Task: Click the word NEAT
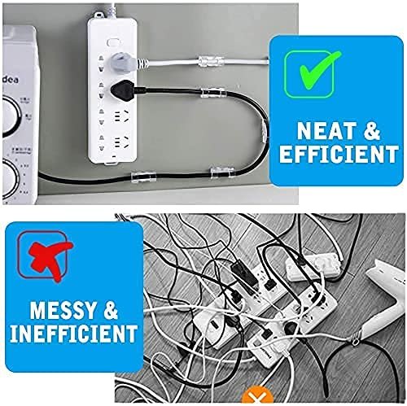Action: [326, 131]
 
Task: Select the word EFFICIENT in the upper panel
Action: [339, 154]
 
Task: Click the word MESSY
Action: [63, 310]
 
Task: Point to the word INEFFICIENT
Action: [73, 333]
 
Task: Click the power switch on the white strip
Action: [112, 42]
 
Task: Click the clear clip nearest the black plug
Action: [212, 92]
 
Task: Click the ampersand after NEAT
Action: [372, 131]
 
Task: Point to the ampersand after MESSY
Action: [111, 310]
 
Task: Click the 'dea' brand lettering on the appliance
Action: [11, 80]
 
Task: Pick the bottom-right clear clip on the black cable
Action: [222, 172]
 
